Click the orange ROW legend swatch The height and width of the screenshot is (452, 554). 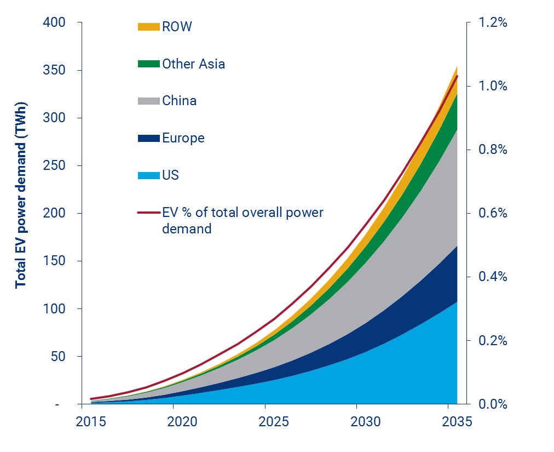pyautogui.click(x=148, y=27)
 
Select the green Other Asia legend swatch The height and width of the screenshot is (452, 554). pyautogui.click(x=148, y=64)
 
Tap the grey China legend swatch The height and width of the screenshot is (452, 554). pyautogui.click(x=148, y=101)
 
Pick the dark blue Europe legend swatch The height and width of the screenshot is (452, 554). pyautogui.click(x=148, y=139)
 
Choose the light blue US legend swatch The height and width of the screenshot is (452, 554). pyautogui.click(x=148, y=176)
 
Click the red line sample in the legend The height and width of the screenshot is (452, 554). pyautogui.click(x=148, y=213)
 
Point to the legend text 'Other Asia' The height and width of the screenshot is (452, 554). pyautogui.click(x=193, y=64)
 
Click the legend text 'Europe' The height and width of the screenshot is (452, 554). pyautogui.click(x=183, y=138)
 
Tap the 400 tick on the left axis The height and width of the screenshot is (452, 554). pyautogui.click(x=55, y=23)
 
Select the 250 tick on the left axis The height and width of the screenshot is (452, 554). pyautogui.click(x=55, y=166)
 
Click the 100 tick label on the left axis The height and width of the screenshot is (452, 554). pyautogui.click(x=55, y=309)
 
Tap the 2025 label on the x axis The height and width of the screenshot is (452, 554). pyautogui.click(x=265, y=422)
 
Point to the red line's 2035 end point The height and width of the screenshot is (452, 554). pyautogui.click(x=457, y=76)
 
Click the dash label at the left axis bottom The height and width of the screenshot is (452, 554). pyautogui.click(x=72, y=404)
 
